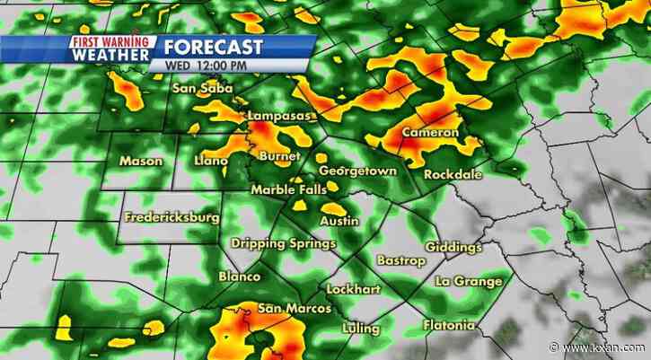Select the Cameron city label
(430, 133)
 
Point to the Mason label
(140, 161)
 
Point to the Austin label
(339, 220)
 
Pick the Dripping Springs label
(283, 243)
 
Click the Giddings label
(453, 247)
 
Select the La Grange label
(468, 281)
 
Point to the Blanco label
(240, 277)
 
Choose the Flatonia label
(448, 324)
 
